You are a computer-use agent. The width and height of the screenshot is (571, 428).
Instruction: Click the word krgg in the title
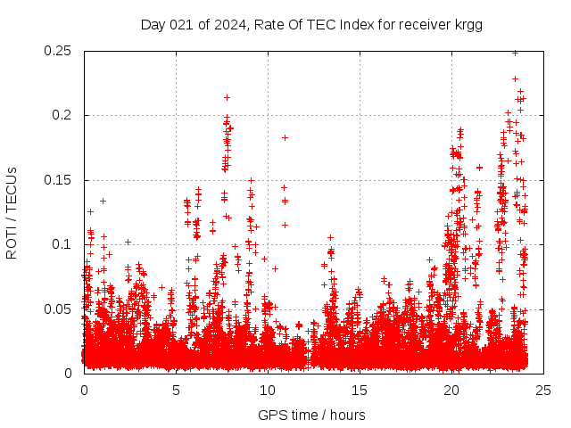(468, 25)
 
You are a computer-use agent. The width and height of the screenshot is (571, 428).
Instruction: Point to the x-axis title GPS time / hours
(311, 415)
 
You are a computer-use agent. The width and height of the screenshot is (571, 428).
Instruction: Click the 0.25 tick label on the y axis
(59, 51)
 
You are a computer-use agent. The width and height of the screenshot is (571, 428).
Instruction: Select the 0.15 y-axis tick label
(59, 180)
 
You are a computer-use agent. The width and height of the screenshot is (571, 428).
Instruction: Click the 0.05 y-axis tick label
(59, 309)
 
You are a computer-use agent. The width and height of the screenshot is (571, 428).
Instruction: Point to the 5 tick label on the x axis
(177, 391)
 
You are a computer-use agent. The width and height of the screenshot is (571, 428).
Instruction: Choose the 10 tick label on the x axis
(269, 391)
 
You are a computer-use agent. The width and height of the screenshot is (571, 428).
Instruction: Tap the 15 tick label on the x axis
(360, 391)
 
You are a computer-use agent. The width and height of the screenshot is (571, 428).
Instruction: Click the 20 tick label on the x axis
(452, 391)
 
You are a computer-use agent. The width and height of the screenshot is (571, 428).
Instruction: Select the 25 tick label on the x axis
(544, 391)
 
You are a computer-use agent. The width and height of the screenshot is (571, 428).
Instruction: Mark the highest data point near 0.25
(515, 53)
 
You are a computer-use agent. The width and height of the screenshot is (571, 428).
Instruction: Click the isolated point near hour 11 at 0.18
(285, 137)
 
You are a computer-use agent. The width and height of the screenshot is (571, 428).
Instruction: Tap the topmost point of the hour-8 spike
(228, 97)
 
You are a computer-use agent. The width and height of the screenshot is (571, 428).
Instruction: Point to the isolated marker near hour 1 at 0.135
(103, 201)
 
